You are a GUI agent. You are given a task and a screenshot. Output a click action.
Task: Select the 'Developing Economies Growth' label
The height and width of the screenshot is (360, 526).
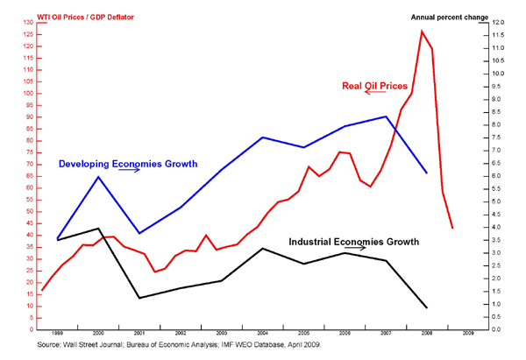(x=128, y=163)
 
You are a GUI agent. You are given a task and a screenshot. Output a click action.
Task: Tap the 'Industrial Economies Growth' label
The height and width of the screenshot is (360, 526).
(x=354, y=241)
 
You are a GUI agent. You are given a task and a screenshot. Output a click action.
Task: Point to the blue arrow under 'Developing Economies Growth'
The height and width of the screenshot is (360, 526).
(x=130, y=172)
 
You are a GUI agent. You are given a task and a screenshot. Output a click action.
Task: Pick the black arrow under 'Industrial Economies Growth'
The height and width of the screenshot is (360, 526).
(x=355, y=249)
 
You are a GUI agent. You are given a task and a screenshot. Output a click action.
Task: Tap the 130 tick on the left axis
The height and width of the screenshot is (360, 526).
(x=31, y=22)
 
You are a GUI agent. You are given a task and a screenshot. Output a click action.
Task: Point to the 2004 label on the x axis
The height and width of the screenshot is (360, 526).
(x=263, y=335)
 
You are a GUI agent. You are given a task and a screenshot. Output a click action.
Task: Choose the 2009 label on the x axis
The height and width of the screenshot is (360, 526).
(x=469, y=335)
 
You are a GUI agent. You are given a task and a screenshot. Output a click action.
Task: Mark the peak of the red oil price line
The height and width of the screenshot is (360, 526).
(x=422, y=32)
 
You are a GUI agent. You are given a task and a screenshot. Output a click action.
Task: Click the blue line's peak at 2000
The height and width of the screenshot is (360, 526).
(x=98, y=177)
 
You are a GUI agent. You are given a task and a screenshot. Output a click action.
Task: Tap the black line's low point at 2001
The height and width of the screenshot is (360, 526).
(x=139, y=299)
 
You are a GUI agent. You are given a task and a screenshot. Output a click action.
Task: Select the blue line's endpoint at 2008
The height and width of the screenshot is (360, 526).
(x=427, y=173)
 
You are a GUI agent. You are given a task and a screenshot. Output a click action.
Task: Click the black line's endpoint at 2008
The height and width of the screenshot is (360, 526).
(x=427, y=307)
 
